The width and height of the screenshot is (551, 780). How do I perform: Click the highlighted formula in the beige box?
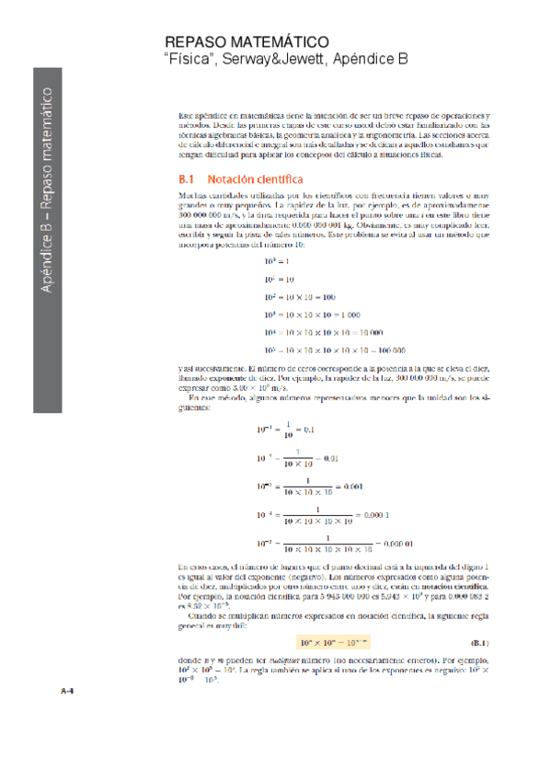coord(331,642)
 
